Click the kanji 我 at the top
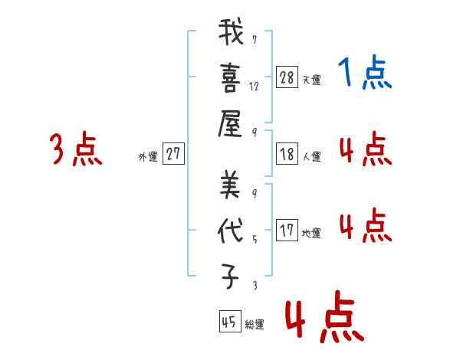231,31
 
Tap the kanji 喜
231,78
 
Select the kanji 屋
230,124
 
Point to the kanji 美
230,185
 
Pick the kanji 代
231,231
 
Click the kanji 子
230,276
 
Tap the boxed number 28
287,77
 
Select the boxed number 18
287,154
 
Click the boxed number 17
287,230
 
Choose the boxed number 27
173,153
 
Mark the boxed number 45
230,321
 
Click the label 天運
311,80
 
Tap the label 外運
148,156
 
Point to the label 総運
254,324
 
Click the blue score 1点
365,71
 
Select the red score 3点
76,149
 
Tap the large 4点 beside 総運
325,316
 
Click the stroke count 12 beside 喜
254,87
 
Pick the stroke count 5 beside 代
255,239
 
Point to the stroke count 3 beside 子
255,285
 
